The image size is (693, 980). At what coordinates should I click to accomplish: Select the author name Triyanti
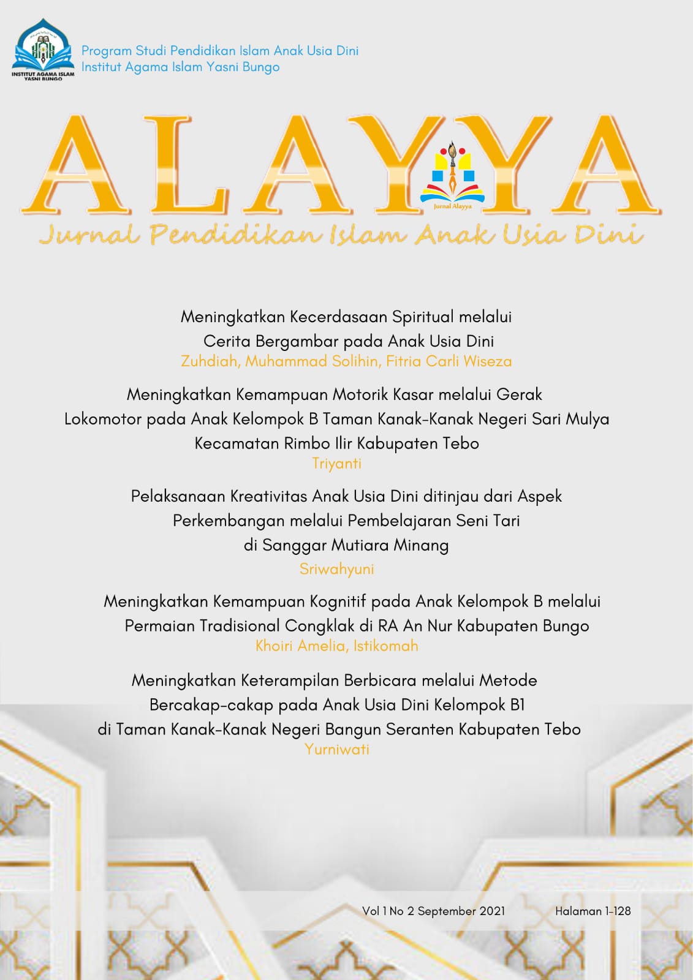(x=336, y=464)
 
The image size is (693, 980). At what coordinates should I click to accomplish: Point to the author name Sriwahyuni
(x=336, y=569)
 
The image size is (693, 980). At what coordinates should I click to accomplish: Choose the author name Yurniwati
(x=336, y=749)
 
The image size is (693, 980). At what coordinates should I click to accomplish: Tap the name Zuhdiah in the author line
(x=209, y=361)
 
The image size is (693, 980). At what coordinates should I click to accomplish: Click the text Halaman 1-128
(x=593, y=911)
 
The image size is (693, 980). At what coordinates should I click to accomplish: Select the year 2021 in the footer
(x=492, y=911)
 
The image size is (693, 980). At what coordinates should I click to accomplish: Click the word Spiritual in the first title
(x=423, y=317)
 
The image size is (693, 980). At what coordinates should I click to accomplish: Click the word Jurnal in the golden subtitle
(x=89, y=235)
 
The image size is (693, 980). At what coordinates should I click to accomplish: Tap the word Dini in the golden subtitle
(x=608, y=235)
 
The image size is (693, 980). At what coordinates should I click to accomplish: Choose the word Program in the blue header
(x=107, y=51)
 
